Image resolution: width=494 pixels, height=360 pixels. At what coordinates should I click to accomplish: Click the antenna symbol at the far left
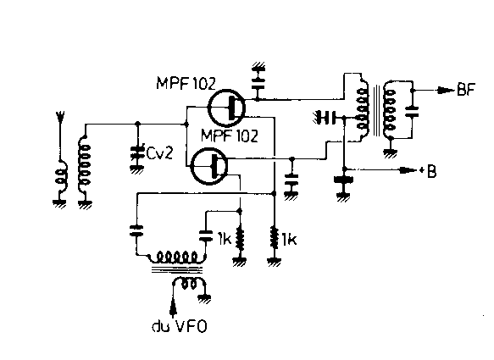click(x=60, y=117)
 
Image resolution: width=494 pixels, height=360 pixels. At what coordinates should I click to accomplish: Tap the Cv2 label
click(x=159, y=153)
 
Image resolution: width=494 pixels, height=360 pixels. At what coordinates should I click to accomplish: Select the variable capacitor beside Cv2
click(x=136, y=153)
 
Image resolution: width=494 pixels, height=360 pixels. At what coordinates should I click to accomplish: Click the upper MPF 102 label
click(x=186, y=84)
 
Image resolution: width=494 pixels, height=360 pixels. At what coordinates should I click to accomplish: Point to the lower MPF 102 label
click(x=230, y=136)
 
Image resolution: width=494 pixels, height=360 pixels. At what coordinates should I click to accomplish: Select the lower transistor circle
click(x=209, y=166)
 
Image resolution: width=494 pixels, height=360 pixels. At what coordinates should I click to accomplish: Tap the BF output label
click(x=466, y=90)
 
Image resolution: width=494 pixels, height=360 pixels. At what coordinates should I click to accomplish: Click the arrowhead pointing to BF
click(x=446, y=91)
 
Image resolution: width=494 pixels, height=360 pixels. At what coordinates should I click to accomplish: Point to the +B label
click(x=428, y=172)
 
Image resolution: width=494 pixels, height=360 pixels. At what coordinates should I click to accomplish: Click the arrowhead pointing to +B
click(x=408, y=170)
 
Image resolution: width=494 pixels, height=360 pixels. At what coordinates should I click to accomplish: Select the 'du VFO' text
click(x=180, y=326)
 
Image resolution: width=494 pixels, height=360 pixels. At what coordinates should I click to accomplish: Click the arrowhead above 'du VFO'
click(x=173, y=306)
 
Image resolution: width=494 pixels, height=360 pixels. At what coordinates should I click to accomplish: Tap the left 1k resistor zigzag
click(x=240, y=241)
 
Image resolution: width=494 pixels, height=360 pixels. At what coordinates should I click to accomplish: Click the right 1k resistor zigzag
click(x=274, y=241)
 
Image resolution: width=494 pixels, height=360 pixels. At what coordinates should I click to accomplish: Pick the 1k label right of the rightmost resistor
click(x=289, y=240)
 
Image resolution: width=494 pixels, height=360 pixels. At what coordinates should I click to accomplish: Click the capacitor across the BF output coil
click(x=412, y=112)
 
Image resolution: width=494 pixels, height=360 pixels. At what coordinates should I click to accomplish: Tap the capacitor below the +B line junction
click(x=344, y=181)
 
